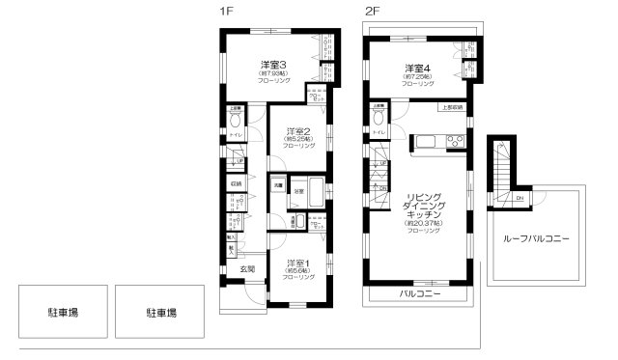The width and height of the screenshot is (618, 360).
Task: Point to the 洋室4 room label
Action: (418, 69)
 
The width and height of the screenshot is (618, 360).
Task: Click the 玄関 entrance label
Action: (247, 269)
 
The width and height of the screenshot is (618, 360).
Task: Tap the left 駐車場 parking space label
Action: (64, 313)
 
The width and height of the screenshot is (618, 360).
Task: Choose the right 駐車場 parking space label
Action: (160, 313)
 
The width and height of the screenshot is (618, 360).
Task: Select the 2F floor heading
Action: (372, 12)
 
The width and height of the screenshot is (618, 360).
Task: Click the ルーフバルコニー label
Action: (537, 236)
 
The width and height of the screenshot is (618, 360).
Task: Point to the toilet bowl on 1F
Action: (237, 119)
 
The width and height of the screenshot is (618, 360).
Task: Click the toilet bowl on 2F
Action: (379, 118)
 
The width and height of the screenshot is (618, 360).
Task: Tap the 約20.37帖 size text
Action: (423, 223)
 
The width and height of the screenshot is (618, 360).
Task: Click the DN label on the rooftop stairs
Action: (520, 200)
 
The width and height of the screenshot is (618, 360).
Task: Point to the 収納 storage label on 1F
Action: (236, 183)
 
